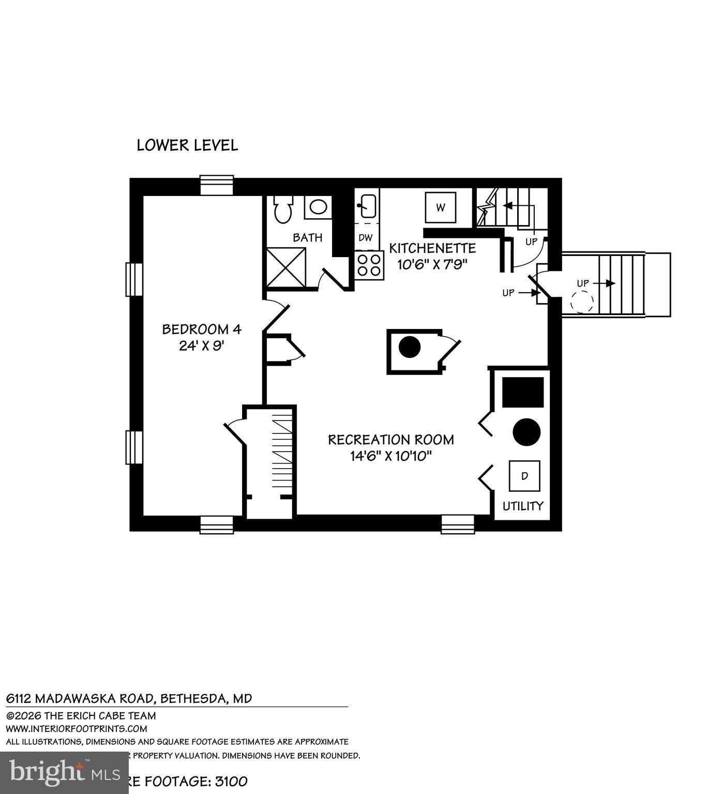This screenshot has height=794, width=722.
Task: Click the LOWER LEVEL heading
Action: (187, 145)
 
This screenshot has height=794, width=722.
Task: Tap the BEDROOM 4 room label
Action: (202, 329)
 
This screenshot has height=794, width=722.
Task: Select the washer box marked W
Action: (441, 207)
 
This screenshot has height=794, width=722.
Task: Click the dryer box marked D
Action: (524, 476)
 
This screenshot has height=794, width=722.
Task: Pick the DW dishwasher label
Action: (366, 238)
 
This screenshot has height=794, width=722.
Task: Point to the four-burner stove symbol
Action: (369, 265)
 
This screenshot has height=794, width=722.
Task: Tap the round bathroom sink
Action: (318, 207)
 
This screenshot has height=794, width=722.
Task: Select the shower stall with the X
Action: (286, 266)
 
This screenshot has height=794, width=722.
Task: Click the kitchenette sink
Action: (367, 206)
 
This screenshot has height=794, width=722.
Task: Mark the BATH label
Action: (308, 237)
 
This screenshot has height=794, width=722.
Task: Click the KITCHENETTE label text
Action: (432, 248)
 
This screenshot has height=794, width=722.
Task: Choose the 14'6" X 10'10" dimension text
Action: (390, 456)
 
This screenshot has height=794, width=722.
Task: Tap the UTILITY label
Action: (523, 506)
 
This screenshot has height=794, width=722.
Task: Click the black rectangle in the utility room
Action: (523, 392)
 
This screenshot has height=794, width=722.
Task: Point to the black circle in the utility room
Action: (527, 432)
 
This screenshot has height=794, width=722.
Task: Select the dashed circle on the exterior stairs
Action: (583, 302)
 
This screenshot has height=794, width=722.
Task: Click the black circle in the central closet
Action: (410, 347)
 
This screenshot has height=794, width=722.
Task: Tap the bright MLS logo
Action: (64, 772)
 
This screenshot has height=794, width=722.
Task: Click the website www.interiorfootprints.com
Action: (77, 729)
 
